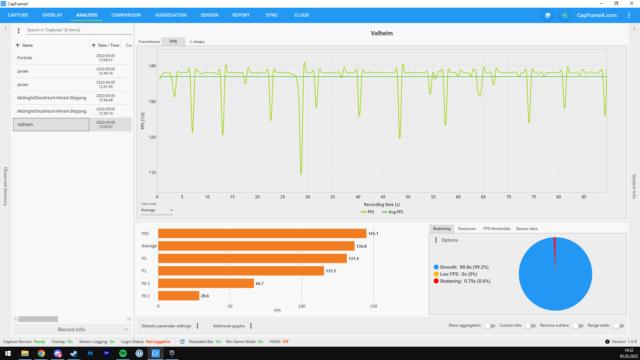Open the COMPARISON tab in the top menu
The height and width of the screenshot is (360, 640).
[126, 15]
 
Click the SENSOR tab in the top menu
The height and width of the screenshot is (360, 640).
[209, 15]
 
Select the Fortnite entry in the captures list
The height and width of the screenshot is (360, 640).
[25, 58]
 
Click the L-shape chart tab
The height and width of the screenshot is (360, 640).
[197, 42]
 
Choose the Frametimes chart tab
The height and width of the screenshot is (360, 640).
[149, 42]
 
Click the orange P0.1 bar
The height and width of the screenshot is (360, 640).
[179, 296]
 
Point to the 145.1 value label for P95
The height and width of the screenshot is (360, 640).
[373, 234]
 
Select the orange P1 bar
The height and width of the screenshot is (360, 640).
[241, 271]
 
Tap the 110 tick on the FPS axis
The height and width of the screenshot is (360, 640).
[152, 172]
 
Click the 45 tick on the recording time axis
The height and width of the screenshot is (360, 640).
[383, 197]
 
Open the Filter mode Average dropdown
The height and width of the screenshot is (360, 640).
[157, 210]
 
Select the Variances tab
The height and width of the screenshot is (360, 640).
[467, 229]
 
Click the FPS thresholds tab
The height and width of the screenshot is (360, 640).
[497, 229]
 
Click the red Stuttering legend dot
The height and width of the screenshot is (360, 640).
[436, 281]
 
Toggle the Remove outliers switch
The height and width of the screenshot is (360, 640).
[578, 326]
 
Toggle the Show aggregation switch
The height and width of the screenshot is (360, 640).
[490, 326]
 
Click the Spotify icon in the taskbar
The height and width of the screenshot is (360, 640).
[123, 353]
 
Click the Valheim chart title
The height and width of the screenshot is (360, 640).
[382, 33]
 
